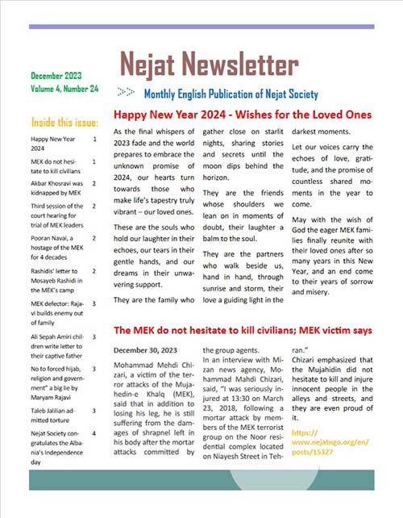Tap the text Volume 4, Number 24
click(x=64, y=87)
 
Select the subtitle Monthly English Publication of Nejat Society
click(x=231, y=94)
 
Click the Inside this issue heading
click(x=64, y=123)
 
